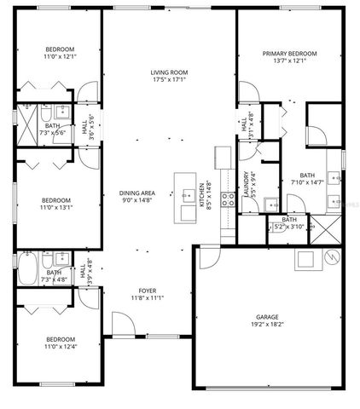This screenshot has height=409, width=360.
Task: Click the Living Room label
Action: [169, 72]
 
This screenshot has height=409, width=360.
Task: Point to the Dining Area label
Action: [136, 193]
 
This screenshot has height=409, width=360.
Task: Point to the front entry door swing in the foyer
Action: [123, 324]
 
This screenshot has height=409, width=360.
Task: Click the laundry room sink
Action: [270, 204]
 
